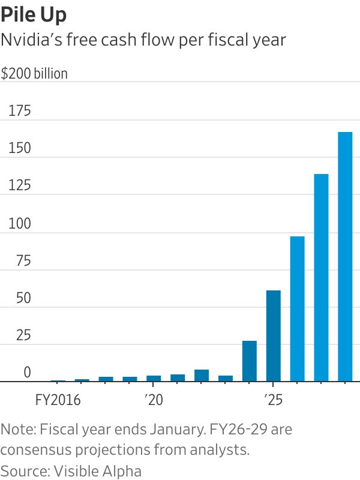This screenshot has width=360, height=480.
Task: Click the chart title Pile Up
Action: [34, 14]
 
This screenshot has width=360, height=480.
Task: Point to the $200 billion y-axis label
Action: [34, 74]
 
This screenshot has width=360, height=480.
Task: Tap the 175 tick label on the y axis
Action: [19, 112]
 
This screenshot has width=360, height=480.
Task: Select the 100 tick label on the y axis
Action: [19, 224]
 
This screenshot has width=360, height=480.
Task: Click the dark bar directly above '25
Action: [274, 336]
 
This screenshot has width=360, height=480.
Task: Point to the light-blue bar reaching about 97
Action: [298, 309]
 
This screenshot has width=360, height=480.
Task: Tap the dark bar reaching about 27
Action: [250, 361]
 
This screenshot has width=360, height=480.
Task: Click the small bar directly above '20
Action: [154, 379]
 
